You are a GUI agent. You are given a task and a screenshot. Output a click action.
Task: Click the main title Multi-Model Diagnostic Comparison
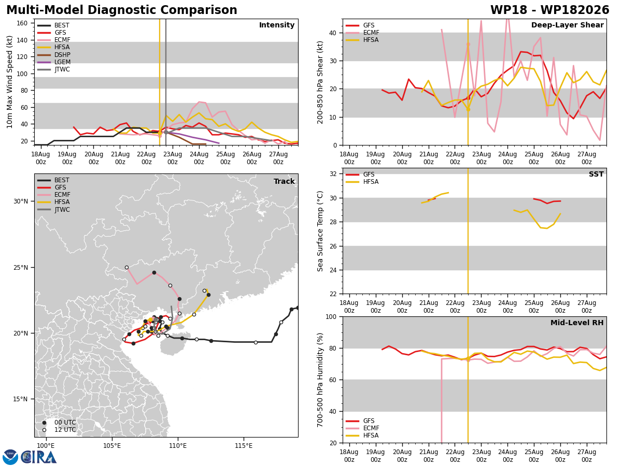[122, 10]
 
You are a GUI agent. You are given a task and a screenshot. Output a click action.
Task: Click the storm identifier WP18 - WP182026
[550, 10]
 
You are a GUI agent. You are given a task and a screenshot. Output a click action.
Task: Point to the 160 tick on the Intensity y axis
[22, 23]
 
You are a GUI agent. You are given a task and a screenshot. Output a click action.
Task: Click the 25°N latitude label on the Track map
[20, 267]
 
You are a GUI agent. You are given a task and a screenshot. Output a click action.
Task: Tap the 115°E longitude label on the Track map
[244, 446]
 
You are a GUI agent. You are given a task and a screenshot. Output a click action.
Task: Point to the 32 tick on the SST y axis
[333, 174]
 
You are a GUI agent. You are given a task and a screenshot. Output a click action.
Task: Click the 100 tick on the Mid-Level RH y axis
[331, 316]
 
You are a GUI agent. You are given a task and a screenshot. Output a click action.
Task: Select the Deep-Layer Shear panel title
[567, 25]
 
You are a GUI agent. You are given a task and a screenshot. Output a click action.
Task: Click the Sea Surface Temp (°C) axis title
[320, 231]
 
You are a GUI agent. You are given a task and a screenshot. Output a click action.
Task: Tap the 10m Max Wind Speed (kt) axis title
[10, 82]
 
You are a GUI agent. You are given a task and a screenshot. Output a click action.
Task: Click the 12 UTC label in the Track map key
[65, 430]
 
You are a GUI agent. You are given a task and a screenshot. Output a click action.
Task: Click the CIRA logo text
[38, 457]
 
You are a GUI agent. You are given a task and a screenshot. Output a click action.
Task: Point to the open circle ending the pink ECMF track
[126, 267]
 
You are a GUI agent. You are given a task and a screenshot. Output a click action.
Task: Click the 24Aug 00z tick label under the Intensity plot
[199, 158]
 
